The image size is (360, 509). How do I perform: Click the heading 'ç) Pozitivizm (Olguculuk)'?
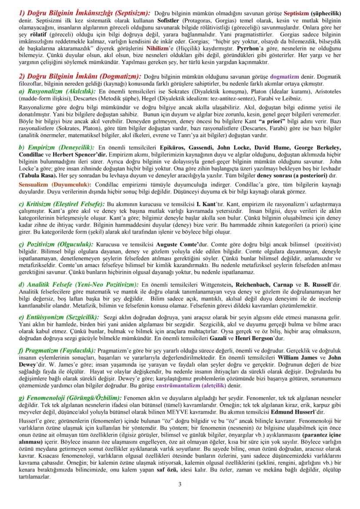pyautogui.click(x=56, y=245)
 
